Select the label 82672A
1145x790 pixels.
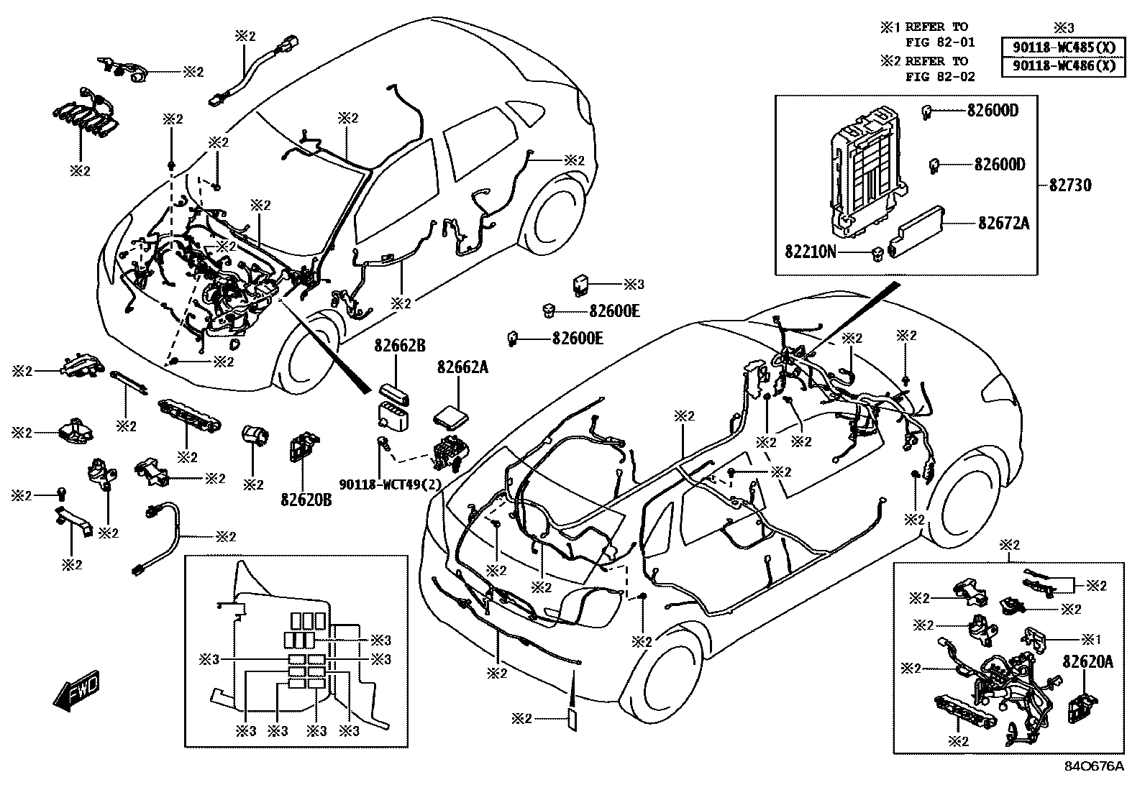pyautogui.click(x=1003, y=224)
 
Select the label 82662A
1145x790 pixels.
pyautogui.click(x=462, y=367)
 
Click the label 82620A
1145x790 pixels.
pyautogui.click(x=1087, y=662)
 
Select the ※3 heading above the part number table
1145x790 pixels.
pyautogui.click(x=1063, y=27)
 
